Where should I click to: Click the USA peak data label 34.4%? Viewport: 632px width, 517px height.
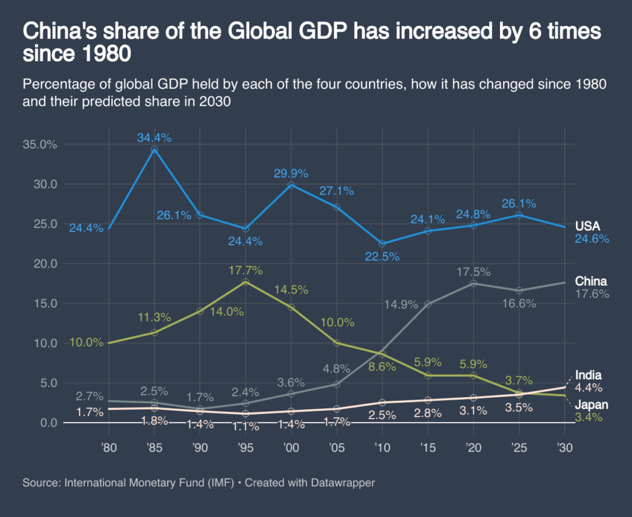tap(154, 138)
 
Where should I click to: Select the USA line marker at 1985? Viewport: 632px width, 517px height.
tap(154, 149)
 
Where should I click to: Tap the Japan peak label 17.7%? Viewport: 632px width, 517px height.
tap(245, 270)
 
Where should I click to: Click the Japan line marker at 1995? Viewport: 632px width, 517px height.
tap(245, 282)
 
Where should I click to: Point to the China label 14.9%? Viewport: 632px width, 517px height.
tap(401, 304)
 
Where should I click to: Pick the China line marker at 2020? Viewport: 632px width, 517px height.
tap(473, 284)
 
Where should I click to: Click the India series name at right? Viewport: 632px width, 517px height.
tap(588, 376)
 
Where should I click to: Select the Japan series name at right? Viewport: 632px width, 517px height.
tap(592, 405)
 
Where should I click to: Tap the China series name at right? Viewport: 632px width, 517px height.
tap(591, 282)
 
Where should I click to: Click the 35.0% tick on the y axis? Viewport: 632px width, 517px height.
tap(39, 145)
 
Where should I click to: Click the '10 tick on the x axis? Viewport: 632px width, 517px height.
tap(381, 447)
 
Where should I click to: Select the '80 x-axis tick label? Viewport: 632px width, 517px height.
tap(109, 447)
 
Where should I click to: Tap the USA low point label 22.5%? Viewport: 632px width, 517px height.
tap(382, 256)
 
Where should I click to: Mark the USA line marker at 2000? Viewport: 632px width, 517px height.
tap(291, 185)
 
